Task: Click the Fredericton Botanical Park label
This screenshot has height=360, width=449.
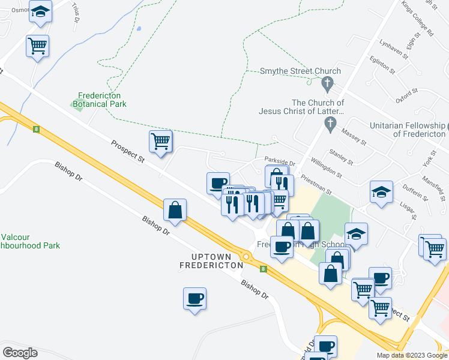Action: coord(100,100)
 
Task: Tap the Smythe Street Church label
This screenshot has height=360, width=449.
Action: coord(300,71)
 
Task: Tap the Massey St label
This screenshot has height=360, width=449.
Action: coord(354,136)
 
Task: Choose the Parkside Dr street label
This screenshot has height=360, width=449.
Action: coord(280,162)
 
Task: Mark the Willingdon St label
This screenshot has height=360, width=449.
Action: coord(327,169)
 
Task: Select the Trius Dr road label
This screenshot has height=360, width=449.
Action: coord(76,11)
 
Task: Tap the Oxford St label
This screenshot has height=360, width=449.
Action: coord(406,95)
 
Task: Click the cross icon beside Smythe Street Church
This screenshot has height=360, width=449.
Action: coord(327,83)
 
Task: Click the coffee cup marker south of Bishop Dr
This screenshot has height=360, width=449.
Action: coord(194,298)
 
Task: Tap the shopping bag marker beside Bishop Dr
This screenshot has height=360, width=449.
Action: coord(175,210)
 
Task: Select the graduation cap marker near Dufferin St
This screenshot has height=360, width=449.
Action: coord(381,192)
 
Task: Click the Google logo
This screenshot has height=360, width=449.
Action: coord(20,353)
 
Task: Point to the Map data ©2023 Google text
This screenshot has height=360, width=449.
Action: coord(411,355)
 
